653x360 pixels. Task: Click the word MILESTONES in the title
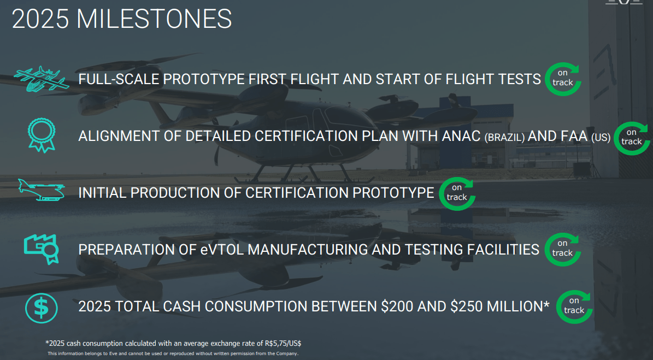(x=154, y=19)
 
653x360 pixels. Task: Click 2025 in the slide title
(x=40, y=19)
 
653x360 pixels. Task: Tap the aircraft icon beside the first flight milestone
(x=42, y=79)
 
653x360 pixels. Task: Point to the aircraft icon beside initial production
(x=42, y=191)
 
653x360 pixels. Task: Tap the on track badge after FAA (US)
(x=632, y=138)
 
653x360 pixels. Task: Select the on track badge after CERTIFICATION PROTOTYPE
(x=457, y=193)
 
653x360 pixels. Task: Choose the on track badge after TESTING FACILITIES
(x=563, y=249)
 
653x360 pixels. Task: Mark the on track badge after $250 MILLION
(x=574, y=306)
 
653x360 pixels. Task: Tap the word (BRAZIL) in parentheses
(x=504, y=138)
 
